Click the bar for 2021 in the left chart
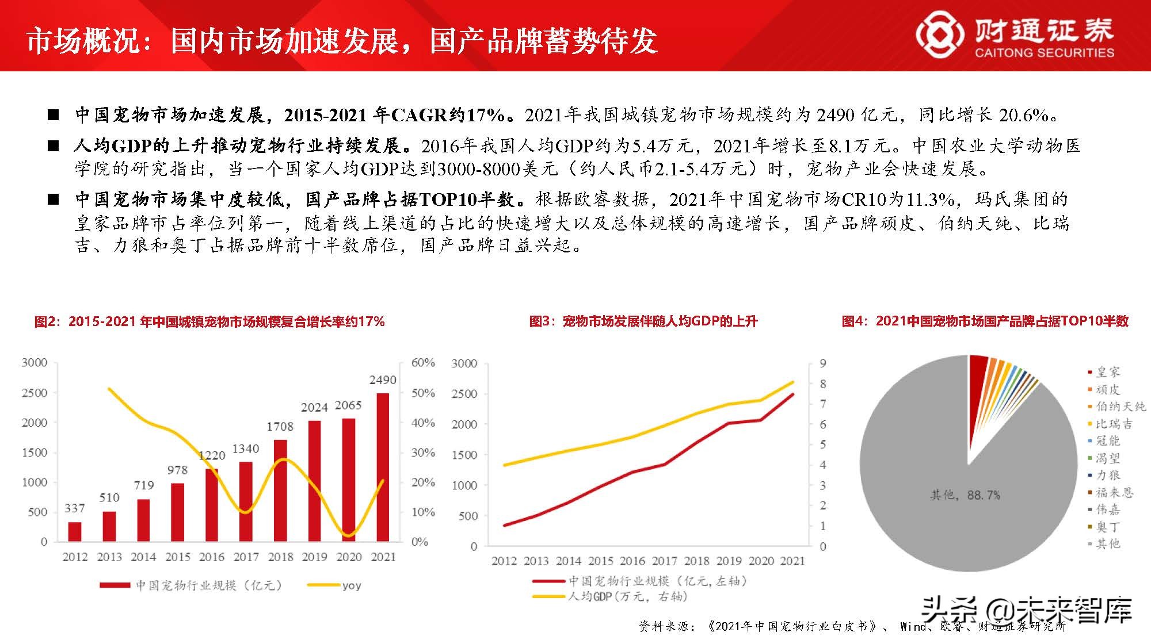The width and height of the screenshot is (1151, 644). point(383,467)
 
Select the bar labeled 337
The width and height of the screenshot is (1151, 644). point(75,531)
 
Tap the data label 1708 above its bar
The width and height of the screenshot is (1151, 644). point(280,427)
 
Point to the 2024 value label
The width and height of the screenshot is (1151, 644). point(314,408)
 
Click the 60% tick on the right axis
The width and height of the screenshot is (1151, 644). point(423,363)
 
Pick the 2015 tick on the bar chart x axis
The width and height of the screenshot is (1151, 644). point(177,557)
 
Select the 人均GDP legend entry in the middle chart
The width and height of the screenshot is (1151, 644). point(610,597)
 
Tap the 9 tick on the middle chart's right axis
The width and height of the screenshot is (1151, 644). point(823,363)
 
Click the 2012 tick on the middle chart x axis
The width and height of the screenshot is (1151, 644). point(504,561)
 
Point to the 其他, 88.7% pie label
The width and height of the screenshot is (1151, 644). point(965,494)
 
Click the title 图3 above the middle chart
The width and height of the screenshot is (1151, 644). point(643,321)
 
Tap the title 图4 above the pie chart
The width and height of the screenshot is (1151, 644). point(985,321)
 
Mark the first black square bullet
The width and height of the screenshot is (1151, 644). point(54,115)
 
